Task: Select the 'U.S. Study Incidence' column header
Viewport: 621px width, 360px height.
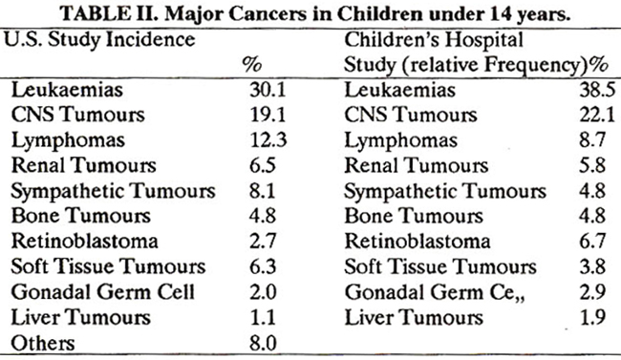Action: tap(99, 40)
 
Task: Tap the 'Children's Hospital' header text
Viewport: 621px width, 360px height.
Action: tap(434, 40)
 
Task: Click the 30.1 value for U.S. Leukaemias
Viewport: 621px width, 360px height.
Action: tap(268, 90)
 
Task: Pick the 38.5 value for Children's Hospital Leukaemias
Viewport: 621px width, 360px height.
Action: tap(598, 90)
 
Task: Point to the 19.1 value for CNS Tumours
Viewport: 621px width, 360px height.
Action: tap(268, 115)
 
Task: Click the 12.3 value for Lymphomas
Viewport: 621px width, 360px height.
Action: tap(268, 140)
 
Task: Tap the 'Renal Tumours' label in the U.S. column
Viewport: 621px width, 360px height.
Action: tap(83, 165)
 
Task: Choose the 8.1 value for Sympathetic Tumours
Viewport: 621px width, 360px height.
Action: tap(262, 191)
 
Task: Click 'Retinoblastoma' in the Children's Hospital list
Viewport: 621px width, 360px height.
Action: tap(418, 242)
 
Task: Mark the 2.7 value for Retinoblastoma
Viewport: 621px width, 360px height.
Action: tap(263, 242)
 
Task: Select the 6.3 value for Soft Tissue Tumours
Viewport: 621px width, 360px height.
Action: tap(263, 266)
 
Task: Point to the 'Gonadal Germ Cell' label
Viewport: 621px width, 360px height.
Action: tap(103, 292)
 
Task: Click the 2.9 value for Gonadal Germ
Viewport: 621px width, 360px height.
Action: tap(592, 292)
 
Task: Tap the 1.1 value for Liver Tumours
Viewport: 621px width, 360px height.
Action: tap(262, 318)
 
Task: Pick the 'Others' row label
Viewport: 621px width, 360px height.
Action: tap(43, 343)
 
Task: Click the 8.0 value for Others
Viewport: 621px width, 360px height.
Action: tap(263, 343)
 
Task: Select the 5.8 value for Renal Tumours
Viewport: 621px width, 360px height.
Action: tap(592, 165)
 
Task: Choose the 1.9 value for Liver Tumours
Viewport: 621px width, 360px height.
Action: tap(592, 318)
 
